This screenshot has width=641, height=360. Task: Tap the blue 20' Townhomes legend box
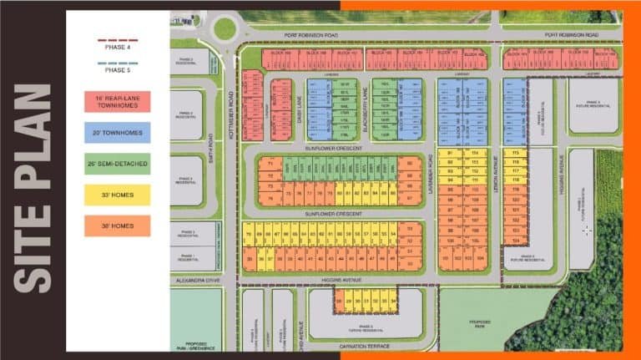[117, 132]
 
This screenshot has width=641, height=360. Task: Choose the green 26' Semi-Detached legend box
[117, 164]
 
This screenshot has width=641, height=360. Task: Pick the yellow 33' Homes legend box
[117, 195]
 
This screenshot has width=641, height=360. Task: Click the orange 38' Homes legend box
[117, 226]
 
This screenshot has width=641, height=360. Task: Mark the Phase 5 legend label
[117, 70]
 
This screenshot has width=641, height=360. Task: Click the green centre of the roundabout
[225, 28]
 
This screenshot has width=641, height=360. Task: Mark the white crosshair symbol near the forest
[588, 229]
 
